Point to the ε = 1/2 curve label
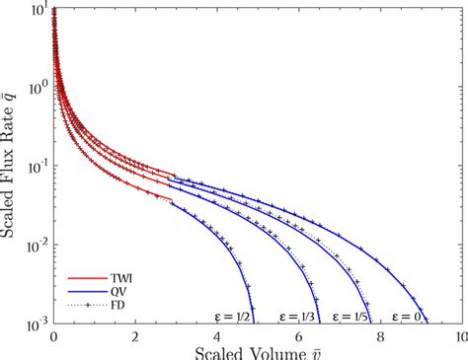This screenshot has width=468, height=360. point(232,317)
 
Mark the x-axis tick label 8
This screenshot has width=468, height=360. point(379,338)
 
